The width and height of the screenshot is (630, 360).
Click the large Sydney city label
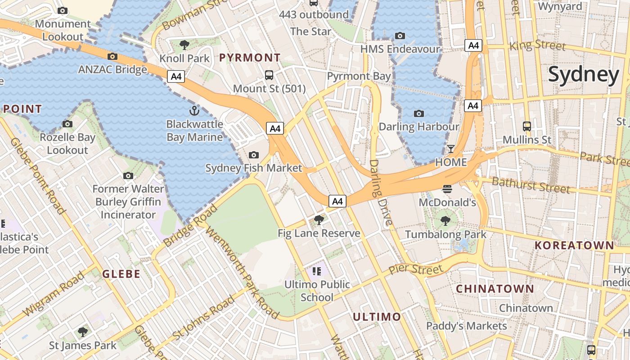click(584, 75)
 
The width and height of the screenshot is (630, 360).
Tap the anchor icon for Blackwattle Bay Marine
click(194, 110)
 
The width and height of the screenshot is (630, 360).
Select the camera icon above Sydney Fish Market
click(254, 155)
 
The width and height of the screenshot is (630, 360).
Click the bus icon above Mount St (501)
click(269, 75)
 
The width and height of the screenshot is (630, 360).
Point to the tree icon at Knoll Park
click(184, 45)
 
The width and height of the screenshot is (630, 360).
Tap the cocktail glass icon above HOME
click(451, 149)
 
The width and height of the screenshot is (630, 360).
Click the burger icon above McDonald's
click(447, 189)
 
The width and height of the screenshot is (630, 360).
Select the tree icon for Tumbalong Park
click(445, 220)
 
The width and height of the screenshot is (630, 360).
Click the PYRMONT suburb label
click(250, 58)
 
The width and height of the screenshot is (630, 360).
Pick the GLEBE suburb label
click(121, 274)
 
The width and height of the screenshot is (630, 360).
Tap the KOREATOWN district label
click(574, 245)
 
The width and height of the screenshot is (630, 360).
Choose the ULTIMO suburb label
click(377, 317)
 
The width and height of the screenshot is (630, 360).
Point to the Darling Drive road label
click(381, 192)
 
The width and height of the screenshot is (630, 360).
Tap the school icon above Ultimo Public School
click(317, 271)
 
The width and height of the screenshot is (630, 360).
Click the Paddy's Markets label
click(466, 325)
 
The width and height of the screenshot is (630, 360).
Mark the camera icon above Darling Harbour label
click(419, 113)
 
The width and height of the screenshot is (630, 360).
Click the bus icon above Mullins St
click(527, 126)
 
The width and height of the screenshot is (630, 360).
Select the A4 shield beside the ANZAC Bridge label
click(176, 76)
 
